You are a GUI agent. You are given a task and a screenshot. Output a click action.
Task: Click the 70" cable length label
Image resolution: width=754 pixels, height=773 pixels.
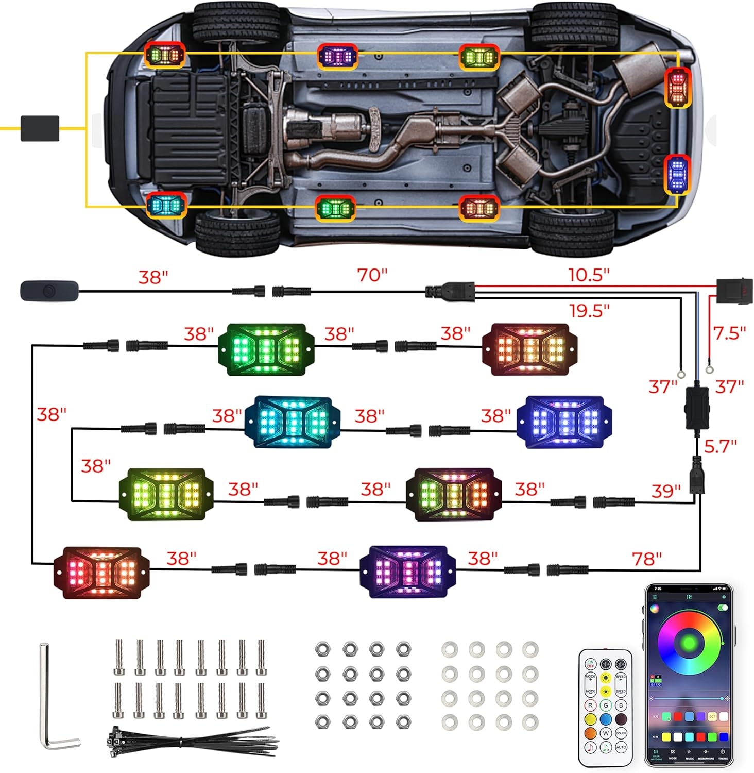372,275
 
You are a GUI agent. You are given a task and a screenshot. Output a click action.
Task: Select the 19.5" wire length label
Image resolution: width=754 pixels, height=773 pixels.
589,311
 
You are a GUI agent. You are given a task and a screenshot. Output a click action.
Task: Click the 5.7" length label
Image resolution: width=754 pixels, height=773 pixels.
720,446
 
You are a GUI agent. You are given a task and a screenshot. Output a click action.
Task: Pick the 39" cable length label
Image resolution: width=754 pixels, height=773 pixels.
665,491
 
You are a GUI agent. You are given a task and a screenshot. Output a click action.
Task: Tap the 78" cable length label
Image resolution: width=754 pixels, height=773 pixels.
646,559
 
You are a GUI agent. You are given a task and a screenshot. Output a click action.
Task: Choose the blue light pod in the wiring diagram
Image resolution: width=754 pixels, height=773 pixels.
564,421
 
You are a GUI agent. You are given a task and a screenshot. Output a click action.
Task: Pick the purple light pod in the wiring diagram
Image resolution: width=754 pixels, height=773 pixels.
408,572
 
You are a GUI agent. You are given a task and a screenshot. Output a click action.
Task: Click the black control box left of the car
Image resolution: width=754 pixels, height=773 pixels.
40,128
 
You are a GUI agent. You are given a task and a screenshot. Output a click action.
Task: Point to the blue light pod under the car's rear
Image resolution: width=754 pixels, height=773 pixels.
677,174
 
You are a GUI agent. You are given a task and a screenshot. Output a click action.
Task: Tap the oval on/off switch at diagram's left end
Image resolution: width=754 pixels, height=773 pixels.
49,291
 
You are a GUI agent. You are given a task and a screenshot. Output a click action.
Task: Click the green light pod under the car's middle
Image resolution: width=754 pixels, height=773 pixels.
335,209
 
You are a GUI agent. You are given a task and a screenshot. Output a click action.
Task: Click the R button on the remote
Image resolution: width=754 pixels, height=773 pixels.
590,705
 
